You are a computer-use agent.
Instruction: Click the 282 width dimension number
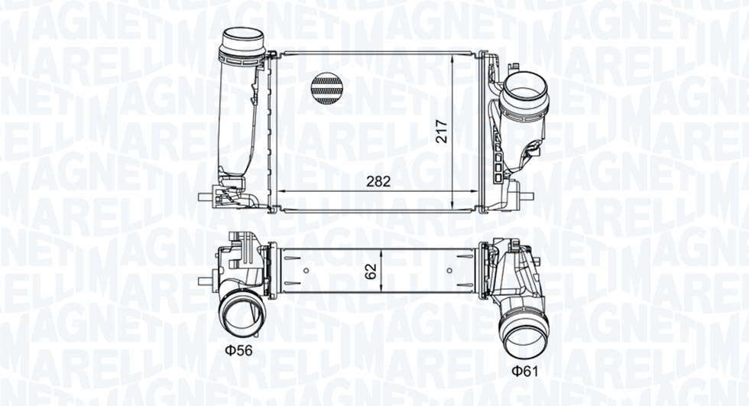point(378,181)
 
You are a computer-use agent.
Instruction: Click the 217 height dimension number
point(443,131)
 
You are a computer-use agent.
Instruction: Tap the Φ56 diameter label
point(238,351)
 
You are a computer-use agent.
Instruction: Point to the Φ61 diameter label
point(524,371)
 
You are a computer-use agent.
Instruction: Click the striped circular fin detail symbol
point(327,89)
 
